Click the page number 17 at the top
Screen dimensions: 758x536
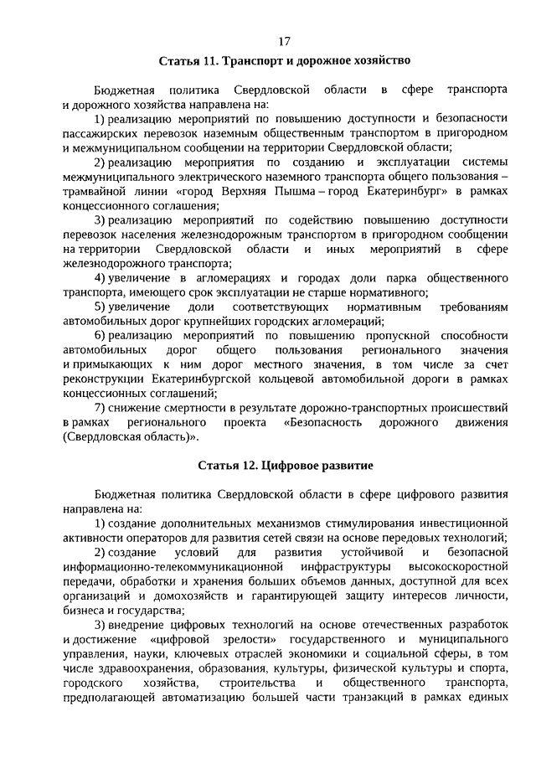click(x=284, y=40)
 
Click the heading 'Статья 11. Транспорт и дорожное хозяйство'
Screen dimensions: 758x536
click(x=284, y=60)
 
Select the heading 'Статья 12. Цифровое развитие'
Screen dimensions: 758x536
click(x=284, y=463)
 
